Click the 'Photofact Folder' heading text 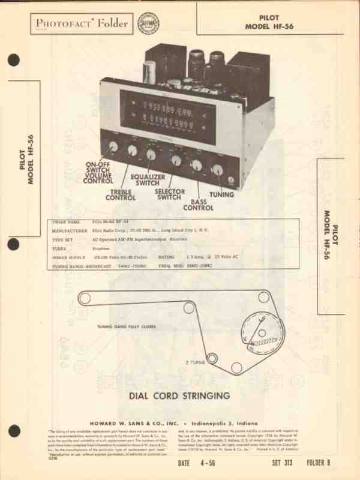click(82, 23)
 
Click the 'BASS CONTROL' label click(198, 205)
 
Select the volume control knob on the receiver click(113, 147)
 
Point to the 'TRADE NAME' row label click(65, 222)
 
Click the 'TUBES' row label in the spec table click(61, 247)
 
